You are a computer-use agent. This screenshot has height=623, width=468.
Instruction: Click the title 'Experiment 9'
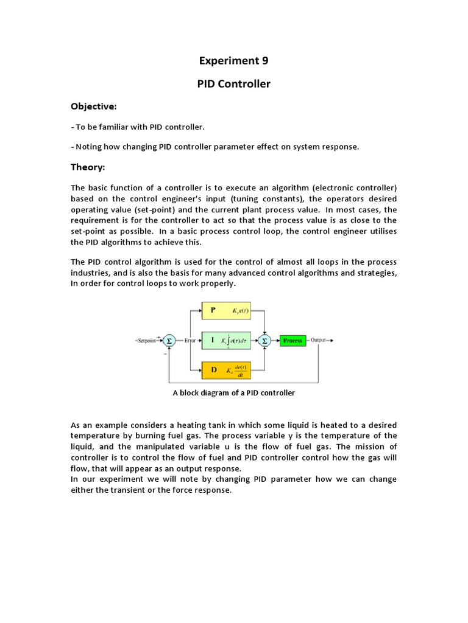(233, 60)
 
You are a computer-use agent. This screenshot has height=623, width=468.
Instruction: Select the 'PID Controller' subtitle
(233, 83)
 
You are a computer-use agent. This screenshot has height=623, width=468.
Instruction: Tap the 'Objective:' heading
(94, 106)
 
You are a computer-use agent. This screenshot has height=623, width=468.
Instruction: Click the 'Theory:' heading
(88, 167)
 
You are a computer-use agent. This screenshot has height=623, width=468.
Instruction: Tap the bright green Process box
(292, 341)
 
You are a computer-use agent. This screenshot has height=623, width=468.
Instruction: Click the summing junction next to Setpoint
(170, 341)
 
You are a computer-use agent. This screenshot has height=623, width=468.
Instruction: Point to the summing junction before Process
(264, 341)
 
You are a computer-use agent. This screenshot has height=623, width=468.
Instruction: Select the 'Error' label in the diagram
(190, 341)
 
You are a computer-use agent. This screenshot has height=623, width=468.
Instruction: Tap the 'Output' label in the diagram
(319, 341)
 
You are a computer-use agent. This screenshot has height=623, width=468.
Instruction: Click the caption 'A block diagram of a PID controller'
(233, 393)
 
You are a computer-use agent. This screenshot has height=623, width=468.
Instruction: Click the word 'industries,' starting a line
(92, 273)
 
